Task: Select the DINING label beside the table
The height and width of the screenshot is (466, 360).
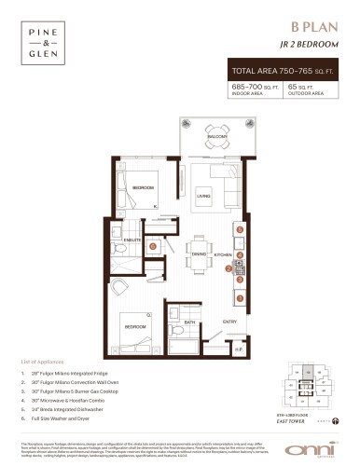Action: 199,254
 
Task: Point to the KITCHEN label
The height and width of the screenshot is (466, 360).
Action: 224,254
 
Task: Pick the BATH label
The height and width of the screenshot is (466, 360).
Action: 189,322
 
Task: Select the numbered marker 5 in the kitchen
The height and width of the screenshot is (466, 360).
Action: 240,228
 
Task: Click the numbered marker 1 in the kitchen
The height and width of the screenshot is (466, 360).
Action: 240,297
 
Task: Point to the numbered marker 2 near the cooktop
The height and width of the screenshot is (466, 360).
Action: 229,268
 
